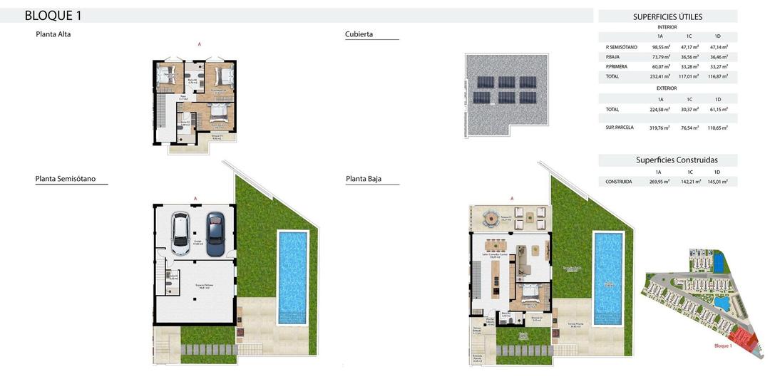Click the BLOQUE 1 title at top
pyautogui.click(x=53, y=16)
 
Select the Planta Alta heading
pyautogui.click(x=53, y=34)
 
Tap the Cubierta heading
pyautogui.click(x=359, y=34)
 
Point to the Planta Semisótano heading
pyautogui.click(x=66, y=179)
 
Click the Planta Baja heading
pyautogui.click(x=364, y=179)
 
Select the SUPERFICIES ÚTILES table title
pyautogui.click(x=667, y=17)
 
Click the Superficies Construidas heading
pyautogui.click(x=677, y=160)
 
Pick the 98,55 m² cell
pyautogui.click(x=660, y=47)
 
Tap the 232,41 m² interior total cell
pyautogui.click(x=660, y=76)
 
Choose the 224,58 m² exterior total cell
pyautogui.click(x=660, y=110)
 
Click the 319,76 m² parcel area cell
pyautogui.click(x=660, y=128)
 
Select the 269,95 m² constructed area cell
pyautogui.click(x=658, y=182)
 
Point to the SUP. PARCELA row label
pyautogui.click(x=619, y=128)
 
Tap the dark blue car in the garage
pyautogui.click(x=215, y=229)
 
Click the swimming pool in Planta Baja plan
pyautogui.click(x=607, y=276)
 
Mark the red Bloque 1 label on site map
pyautogui.click(x=723, y=346)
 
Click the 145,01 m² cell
pyautogui.click(x=717, y=182)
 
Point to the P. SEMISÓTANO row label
pyautogui.click(x=621, y=47)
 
